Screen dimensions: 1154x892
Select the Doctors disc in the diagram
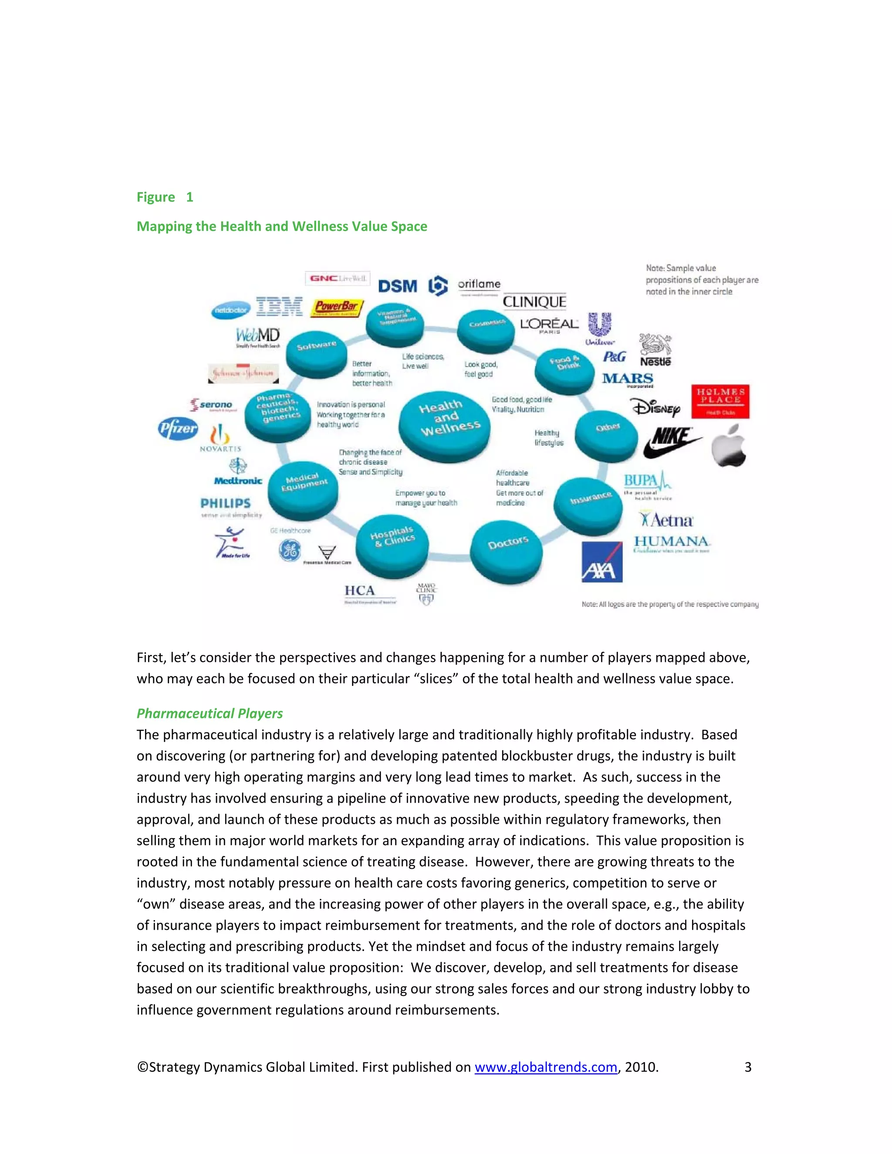click(506, 550)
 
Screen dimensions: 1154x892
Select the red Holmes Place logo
click(720, 401)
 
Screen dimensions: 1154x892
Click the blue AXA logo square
click(602, 562)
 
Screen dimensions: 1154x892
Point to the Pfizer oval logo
click(178, 429)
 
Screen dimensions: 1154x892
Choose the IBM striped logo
click(279, 306)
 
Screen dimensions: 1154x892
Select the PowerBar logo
click(337, 307)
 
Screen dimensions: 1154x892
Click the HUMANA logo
click(672, 542)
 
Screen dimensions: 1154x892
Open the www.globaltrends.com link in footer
click(545, 1067)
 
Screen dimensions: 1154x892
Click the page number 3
click(747, 1067)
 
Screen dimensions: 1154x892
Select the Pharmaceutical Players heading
click(210, 713)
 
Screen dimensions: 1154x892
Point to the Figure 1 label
click(165, 197)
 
